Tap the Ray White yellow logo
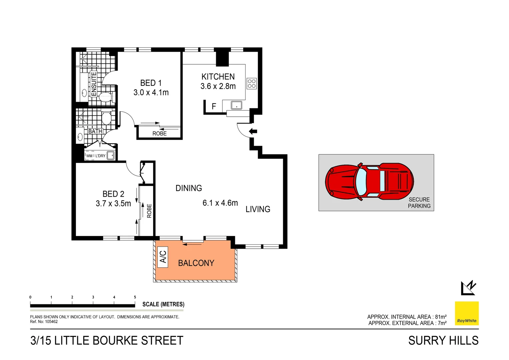point(467,313)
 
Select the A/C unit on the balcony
point(163,257)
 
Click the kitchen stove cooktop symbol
point(252,83)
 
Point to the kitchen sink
point(236,105)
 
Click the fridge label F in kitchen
point(214,106)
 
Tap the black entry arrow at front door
point(253,131)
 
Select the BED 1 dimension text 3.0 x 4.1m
point(151,93)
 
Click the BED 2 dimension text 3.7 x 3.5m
point(113,203)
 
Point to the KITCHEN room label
point(218,77)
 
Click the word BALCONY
point(196,263)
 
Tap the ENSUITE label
point(94,84)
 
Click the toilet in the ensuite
point(105,97)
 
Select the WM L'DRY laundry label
point(96,156)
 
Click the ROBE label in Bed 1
point(159,133)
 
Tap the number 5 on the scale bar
point(135,297)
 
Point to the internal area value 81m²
point(440,317)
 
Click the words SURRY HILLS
point(443,341)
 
